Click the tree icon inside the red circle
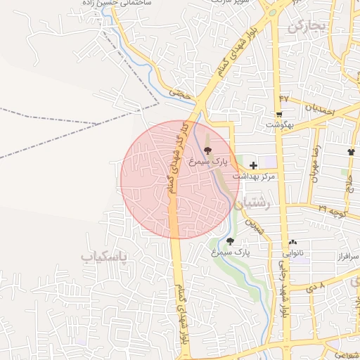pos(207,150)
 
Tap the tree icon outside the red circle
pos(230,241)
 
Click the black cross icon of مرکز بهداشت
pos(253,164)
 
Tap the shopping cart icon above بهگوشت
pos(280,115)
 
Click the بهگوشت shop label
pos(280,124)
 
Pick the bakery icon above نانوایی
pos(293,243)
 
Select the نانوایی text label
pos(295,252)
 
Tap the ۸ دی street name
pos(313,287)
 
